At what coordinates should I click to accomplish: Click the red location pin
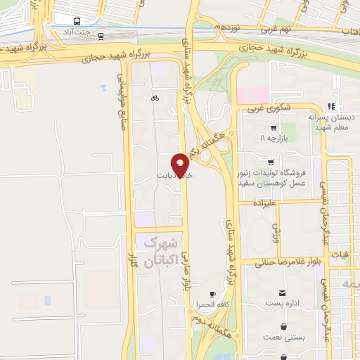tap(181, 165)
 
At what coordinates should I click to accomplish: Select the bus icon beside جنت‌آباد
tap(77, 21)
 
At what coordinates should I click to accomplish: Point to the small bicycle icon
tap(155, 98)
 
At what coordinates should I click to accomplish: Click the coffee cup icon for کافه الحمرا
tap(213, 294)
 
